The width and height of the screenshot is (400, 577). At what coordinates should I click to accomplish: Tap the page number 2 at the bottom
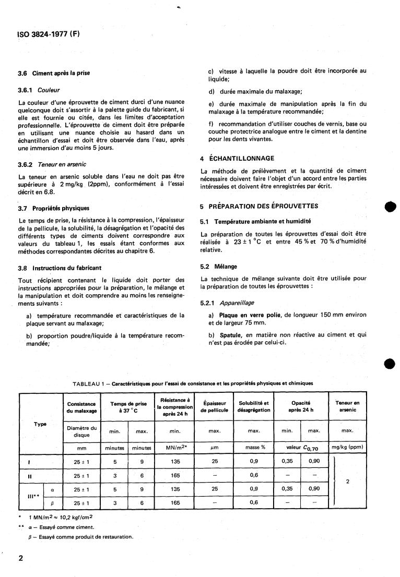21,558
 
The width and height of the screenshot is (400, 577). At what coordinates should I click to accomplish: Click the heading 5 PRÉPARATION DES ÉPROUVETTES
260,206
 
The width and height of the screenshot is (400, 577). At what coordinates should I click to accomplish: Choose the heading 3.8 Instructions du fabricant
60,268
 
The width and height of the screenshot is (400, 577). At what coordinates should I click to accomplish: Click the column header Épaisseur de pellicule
215,406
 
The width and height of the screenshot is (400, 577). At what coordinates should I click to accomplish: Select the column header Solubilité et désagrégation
254,406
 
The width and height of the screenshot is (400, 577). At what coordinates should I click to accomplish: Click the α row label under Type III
52,489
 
